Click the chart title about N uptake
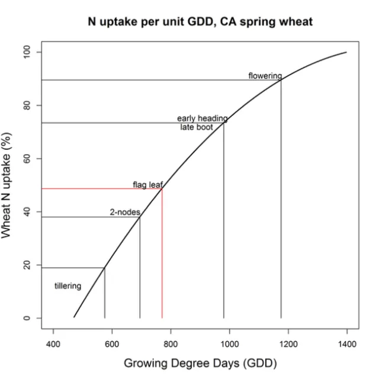click(x=200, y=23)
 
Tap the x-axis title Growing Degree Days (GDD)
click(x=200, y=362)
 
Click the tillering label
click(x=68, y=286)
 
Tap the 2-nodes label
click(x=124, y=211)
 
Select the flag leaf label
click(x=147, y=185)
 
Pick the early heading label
click(x=202, y=118)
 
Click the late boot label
click(x=196, y=127)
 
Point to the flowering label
click(x=265, y=76)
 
